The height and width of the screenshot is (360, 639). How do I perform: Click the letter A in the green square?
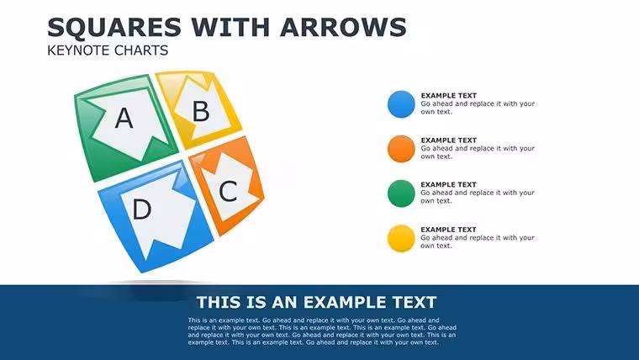pyautogui.click(x=124, y=119)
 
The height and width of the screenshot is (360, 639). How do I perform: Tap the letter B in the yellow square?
pyautogui.click(x=201, y=111)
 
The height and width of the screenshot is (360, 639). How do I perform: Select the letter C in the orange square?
pyautogui.click(x=228, y=191)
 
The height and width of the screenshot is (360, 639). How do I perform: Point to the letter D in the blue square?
pyautogui.click(x=142, y=209)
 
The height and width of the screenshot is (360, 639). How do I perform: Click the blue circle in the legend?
pyautogui.click(x=401, y=104)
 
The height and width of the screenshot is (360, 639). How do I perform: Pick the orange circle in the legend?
pyautogui.click(x=401, y=149)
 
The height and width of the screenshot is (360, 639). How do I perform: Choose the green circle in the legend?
pyautogui.click(x=401, y=193)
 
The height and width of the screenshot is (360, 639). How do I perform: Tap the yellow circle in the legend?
pyautogui.click(x=401, y=238)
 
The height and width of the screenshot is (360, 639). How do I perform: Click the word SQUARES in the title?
pyautogui.click(x=114, y=27)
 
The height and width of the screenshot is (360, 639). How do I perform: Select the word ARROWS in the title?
pyautogui.click(x=343, y=27)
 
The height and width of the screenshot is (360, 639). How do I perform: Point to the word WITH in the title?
pyautogui.click(x=230, y=27)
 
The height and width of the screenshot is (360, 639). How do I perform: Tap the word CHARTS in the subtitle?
pyautogui.click(x=141, y=50)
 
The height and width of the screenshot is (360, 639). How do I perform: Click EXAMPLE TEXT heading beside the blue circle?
pyautogui.click(x=449, y=95)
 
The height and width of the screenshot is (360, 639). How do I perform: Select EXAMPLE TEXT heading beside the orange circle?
pyautogui.click(x=449, y=140)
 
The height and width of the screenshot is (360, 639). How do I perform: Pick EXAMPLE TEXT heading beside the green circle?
pyautogui.click(x=449, y=185)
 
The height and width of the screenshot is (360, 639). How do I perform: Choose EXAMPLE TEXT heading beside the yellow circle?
pyautogui.click(x=449, y=230)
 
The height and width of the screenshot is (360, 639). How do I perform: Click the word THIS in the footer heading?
pyautogui.click(x=217, y=303)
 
